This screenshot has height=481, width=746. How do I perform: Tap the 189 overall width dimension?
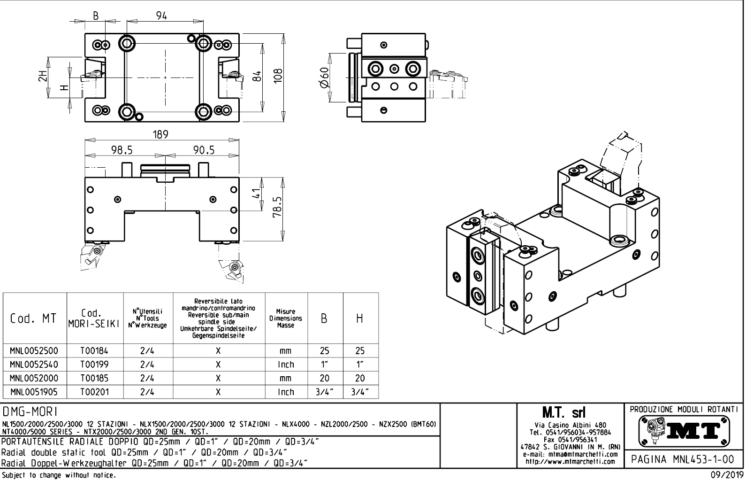tap(160, 134)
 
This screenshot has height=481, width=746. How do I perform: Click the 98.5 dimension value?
tap(122, 150)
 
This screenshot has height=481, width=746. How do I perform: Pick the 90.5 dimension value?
tap(203, 150)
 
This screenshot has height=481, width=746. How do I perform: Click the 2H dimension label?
tap(43, 77)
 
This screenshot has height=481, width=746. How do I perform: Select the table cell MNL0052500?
tap(34, 350)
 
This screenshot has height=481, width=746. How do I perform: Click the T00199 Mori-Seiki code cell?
tap(94, 364)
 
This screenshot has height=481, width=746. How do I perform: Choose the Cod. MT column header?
tap(33, 318)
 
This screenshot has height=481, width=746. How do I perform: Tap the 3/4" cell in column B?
tap(325, 392)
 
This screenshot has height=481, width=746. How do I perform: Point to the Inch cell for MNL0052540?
tap(286, 364)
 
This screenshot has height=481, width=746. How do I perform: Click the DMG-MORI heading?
tap(30, 412)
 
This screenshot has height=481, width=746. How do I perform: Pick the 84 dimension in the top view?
tap(257, 77)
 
